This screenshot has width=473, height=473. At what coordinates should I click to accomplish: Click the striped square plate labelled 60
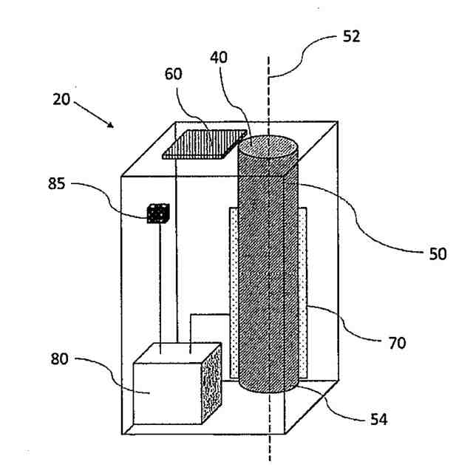tap(205, 143)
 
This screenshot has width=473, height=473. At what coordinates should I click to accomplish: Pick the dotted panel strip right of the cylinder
tap(303, 288)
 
